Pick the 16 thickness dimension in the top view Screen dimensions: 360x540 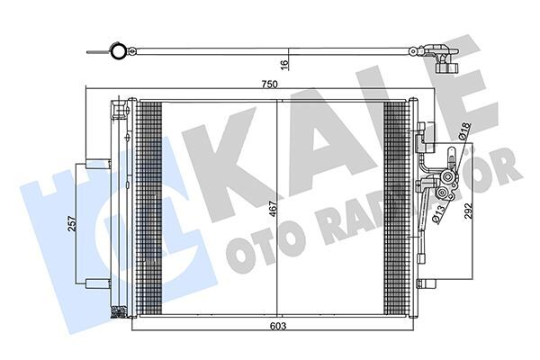point(282,63)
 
